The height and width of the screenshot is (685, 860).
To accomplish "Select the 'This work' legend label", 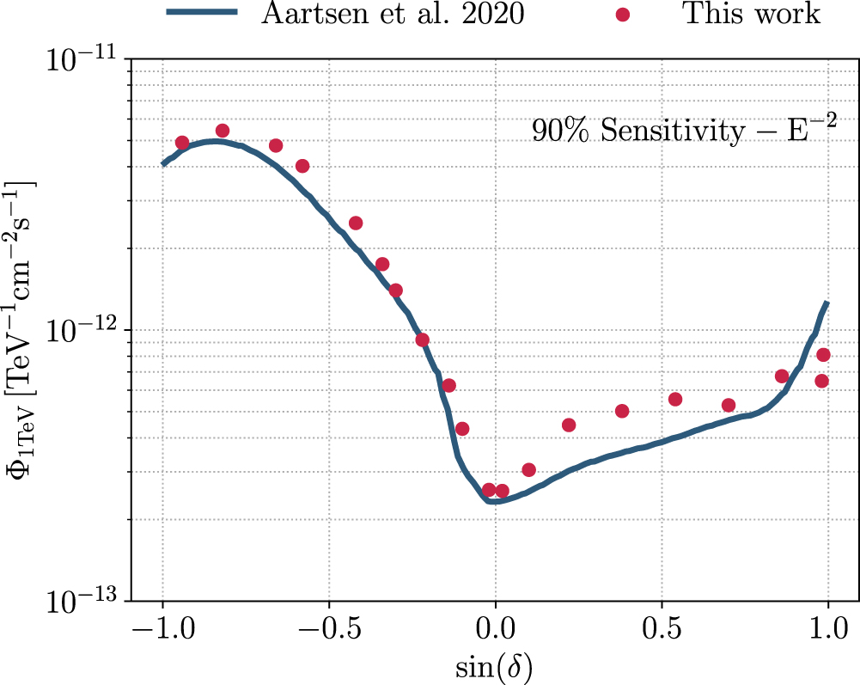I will point(752,13).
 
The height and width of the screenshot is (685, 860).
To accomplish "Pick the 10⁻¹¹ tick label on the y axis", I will point(86,61).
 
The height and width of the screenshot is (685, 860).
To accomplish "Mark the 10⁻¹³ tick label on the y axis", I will point(86,602).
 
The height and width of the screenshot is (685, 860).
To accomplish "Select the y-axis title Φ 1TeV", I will point(23,330).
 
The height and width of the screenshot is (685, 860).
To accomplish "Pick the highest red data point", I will point(223,131).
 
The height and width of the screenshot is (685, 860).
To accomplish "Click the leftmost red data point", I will point(182,143).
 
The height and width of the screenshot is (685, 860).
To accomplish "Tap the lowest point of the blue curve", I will point(491,500).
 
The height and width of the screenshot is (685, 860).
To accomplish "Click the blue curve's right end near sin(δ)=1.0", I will point(827,303).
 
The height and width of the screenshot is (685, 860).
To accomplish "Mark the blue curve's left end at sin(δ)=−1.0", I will point(163,163).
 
